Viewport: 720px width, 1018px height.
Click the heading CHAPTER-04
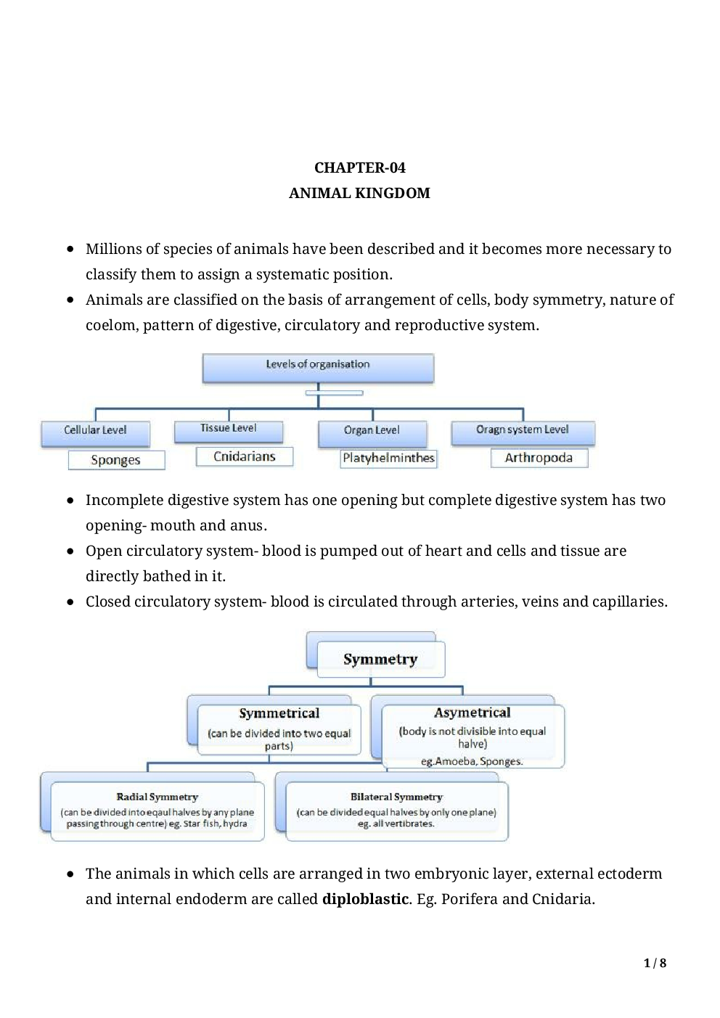[x=359, y=168]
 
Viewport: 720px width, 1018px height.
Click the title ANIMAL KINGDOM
[x=359, y=193]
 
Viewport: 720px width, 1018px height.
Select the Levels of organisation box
[x=318, y=366]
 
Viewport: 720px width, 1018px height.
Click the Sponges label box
[x=116, y=460]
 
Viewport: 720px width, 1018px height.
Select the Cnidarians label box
[x=245, y=456]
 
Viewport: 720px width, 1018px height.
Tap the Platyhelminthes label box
[x=388, y=458]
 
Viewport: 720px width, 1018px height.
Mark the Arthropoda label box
[x=539, y=458]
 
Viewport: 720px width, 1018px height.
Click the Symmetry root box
[x=380, y=660]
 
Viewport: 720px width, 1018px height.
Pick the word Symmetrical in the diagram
[x=279, y=713]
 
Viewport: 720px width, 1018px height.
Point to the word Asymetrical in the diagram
[x=472, y=713]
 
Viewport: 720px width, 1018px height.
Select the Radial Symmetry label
[x=157, y=797]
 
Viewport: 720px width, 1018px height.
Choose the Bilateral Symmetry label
[x=396, y=797]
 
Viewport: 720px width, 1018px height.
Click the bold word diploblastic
[x=365, y=899]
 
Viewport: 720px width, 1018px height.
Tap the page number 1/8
[x=654, y=964]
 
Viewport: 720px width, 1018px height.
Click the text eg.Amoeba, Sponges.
[x=472, y=761]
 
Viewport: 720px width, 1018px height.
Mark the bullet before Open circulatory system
[x=70, y=551]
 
